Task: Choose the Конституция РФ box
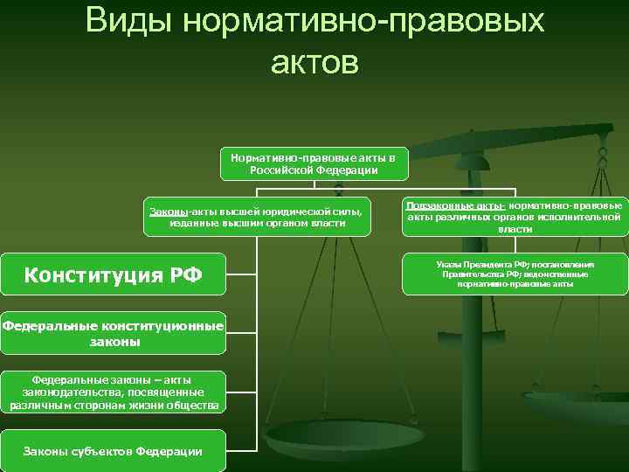114,275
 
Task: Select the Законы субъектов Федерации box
114,450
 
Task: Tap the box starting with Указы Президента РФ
515,274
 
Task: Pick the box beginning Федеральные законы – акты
114,392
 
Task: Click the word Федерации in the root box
346,170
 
